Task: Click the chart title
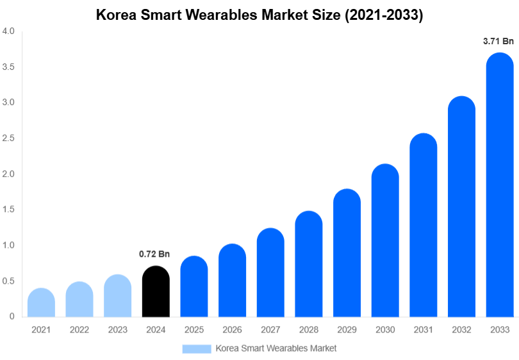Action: click(x=259, y=15)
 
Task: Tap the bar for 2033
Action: click(x=500, y=186)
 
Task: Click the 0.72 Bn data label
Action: click(x=154, y=254)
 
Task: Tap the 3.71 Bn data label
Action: click(x=498, y=41)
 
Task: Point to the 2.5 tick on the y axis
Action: click(x=8, y=138)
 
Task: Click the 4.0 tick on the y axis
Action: click(x=8, y=31)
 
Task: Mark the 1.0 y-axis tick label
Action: click(x=8, y=245)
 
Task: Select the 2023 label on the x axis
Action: click(x=117, y=330)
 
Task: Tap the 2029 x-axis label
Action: click(x=347, y=330)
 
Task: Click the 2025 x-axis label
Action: click(x=194, y=330)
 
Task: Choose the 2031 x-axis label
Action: click(x=423, y=330)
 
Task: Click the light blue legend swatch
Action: click(x=196, y=348)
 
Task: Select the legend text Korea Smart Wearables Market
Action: click(x=276, y=348)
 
